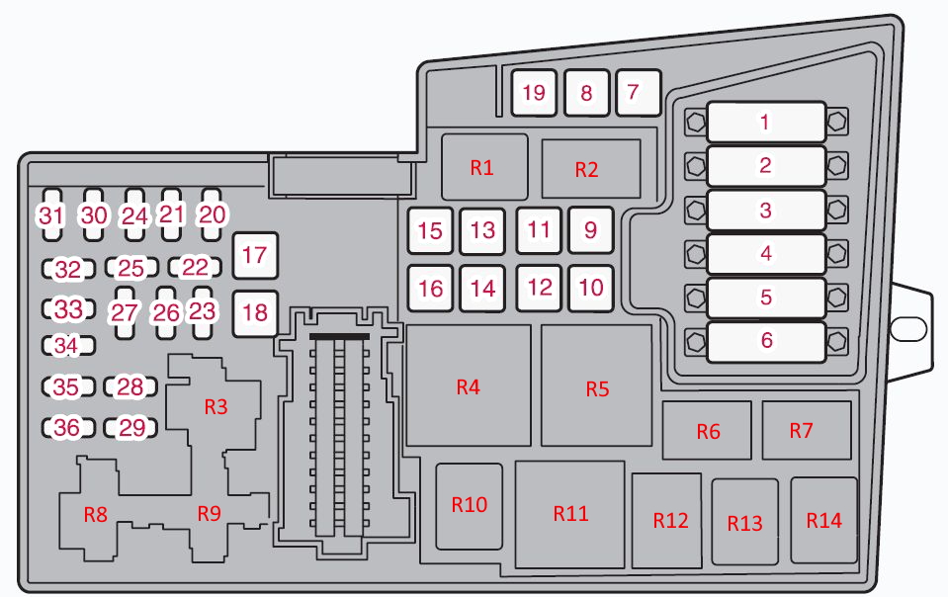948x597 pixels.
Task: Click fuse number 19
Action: (534, 94)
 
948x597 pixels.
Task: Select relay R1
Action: (481, 167)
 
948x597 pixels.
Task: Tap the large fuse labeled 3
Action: (765, 210)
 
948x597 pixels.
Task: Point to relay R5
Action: (596, 387)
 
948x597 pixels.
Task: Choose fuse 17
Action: (254, 255)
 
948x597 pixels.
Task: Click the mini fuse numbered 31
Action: (50, 214)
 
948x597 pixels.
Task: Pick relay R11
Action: (570, 513)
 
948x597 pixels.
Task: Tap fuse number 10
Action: (590, 288)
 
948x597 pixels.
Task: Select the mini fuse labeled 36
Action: (67, 428)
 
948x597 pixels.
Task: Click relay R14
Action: (823, 521)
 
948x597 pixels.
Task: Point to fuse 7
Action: (634, 94)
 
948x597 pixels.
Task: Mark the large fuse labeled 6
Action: (765, 341)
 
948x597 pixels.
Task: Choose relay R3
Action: (215, 406)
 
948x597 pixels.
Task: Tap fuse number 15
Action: (430, 231)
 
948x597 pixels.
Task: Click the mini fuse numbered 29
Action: (131, 428)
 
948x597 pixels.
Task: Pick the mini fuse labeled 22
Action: (196, 267)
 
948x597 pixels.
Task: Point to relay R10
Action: (469, 505)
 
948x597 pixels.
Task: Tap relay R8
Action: (94, 514)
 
